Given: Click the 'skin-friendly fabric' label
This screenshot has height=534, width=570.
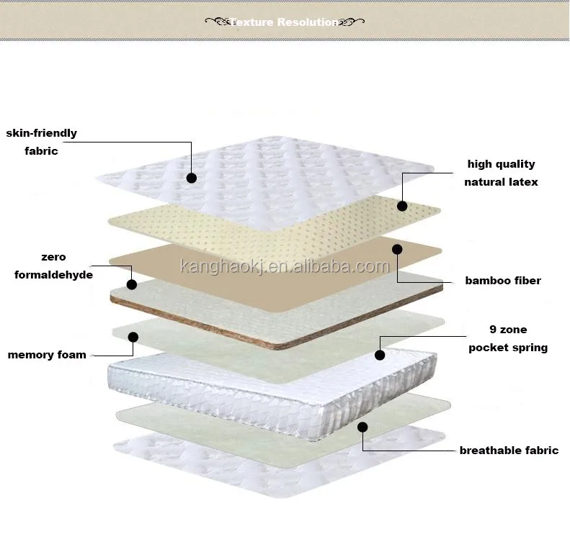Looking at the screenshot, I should point(41,142).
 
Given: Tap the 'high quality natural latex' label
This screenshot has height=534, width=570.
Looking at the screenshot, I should point(501,173).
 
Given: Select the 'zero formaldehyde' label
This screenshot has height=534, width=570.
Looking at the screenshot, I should point(53,266).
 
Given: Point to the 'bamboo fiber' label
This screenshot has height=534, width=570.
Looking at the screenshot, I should point(502,281).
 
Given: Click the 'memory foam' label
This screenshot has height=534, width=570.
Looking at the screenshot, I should point(47,354).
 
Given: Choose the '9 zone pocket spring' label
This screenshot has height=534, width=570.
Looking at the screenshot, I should point(508,338).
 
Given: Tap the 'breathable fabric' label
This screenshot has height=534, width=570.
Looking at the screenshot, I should point(509,451).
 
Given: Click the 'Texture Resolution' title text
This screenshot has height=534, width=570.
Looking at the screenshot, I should point(285,22).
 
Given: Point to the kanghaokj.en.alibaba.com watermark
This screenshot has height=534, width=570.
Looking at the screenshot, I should point(284,267).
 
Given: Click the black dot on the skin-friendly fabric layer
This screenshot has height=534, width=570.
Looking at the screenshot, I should point(191,177).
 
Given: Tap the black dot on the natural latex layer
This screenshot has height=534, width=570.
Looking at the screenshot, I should point(402,206).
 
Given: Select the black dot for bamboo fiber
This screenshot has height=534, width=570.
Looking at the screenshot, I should point(396,249).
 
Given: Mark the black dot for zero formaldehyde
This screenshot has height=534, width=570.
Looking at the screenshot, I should point(132,284).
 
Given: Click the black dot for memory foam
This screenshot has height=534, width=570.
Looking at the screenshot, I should point(133,336).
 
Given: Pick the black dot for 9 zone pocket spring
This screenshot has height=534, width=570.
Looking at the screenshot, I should point(380,354).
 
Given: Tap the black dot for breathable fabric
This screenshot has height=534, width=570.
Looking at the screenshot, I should point(362,427).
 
